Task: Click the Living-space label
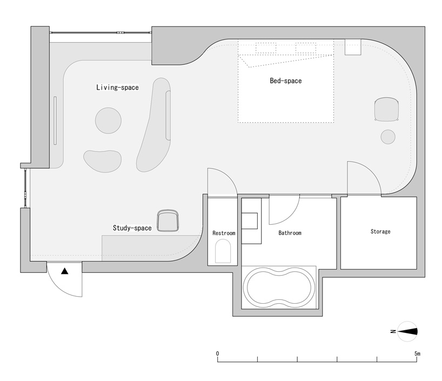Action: click(118, 88)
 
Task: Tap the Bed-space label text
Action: click(285, 81)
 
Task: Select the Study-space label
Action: click(132, 228)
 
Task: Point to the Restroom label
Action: click(224, 233)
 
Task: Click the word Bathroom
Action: click(290, 233)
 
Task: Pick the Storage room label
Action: click(380, 231)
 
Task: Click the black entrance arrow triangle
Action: click(65, 271)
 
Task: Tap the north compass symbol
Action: click(407, 331)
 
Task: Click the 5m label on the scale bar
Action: click(418, 353)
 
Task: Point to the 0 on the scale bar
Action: click(217, 353)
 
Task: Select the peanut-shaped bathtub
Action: click(279, 288)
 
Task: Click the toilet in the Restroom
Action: click(223, 251)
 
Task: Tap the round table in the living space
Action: click(108, 121)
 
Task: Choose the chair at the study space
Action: click(168, 221)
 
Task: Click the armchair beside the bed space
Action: click(386, 109)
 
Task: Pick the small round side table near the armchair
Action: click(388, 137)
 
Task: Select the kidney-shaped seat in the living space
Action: click(103, 161)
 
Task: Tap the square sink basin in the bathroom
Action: click(250, 221)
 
